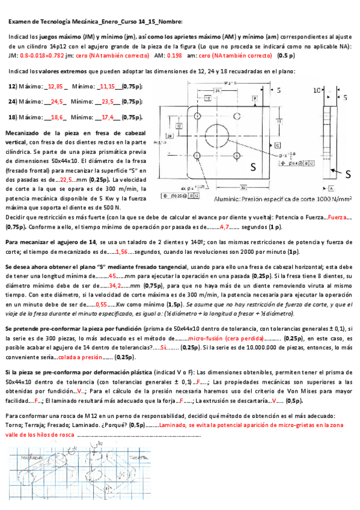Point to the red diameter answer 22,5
click(66, 179)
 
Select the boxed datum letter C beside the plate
click(278, 146)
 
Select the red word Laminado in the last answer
click(172, 425)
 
